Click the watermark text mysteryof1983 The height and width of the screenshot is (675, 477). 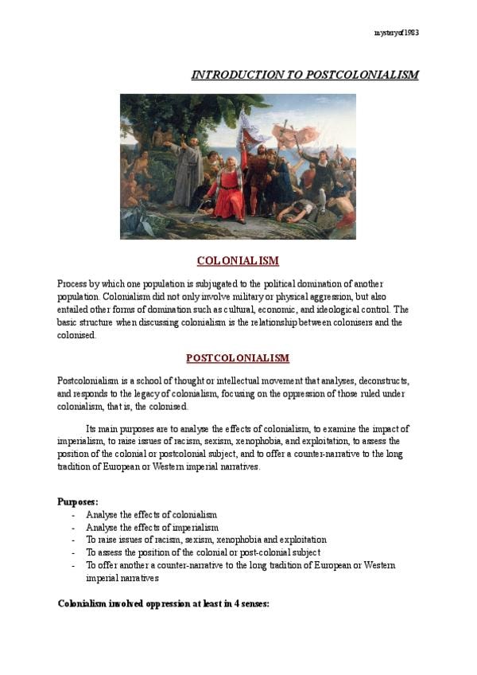[396, 33]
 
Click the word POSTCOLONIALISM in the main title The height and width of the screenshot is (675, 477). [353, 75]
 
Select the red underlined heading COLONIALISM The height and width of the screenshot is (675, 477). [238, 261]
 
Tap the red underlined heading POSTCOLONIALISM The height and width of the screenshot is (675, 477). [238, 358]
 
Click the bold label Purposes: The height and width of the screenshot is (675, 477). [78, 501]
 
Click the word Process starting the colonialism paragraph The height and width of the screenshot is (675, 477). [72, 284]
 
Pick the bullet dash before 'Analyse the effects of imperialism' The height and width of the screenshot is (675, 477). [73, 528]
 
